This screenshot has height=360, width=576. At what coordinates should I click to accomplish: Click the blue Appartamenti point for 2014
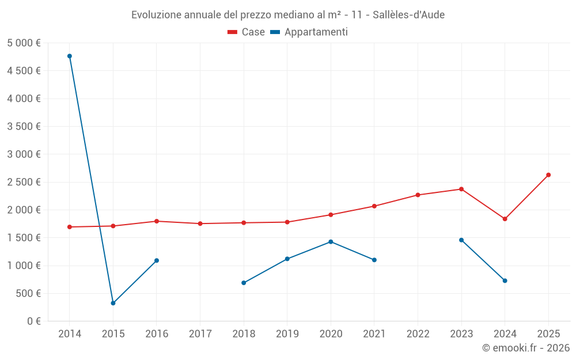tap(70, 56)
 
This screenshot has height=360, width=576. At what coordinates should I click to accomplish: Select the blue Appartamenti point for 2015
tap(113, 303)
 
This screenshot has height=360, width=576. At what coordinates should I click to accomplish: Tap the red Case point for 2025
tap(548, 175)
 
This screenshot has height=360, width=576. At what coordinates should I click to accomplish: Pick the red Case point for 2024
tap(505, 219)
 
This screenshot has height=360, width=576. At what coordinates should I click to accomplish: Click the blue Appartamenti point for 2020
tap(331, 242)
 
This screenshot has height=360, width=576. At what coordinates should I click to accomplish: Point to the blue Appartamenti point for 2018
tap(244, 283)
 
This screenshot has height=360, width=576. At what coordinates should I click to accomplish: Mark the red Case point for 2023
tap(461, 189)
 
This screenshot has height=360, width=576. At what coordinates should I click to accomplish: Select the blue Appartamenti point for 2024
tap(505, 281)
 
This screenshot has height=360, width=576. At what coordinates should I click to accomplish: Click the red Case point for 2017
tap(200, 223)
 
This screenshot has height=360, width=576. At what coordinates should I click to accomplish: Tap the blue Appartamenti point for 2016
tap(157, 260)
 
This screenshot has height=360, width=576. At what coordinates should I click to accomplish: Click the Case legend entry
tap(247, 32)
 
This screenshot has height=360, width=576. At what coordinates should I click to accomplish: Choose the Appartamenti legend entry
tap(309, 32)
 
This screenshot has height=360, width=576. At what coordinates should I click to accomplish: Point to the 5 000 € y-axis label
tap(24, 43)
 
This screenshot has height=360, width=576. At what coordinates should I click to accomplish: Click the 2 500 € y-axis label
tap(24, 182)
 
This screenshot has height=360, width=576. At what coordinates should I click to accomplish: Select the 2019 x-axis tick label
tap(287, 334)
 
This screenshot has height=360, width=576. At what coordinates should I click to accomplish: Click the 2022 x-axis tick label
tap(418, 334)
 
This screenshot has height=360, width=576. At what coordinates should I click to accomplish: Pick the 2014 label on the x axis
tap(70, 334)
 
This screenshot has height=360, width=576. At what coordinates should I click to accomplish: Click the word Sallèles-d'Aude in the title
tap(408, 14)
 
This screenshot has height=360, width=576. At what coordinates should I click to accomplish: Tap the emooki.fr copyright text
tap(526, 348)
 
